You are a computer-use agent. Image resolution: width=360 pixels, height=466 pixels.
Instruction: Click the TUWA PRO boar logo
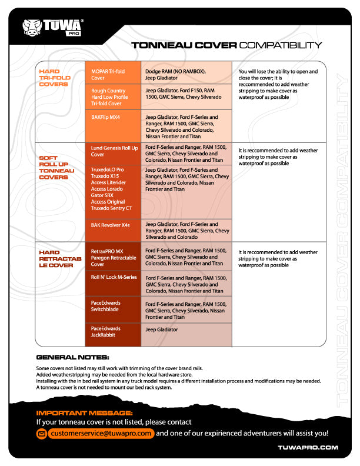[x=52, y=28]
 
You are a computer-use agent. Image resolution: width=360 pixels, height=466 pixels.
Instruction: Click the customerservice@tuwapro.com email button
[x=101, y=433]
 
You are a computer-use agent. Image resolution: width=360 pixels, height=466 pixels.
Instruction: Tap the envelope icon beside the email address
[x=42, y=434]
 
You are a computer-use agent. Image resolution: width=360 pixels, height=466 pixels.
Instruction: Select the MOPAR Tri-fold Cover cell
[x=113, y=72]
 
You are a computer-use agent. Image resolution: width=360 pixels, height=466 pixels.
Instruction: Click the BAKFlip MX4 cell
[x=113, y=126]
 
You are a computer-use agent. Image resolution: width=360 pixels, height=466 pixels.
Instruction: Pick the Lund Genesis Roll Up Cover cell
[x=113, y=154]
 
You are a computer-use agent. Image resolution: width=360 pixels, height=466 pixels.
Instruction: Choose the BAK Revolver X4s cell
[x=113, y=230]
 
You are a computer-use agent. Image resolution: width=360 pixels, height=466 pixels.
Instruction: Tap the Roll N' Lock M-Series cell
[x=113, y=283]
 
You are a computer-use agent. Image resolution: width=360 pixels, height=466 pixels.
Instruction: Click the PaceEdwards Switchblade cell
[x=113, y=309]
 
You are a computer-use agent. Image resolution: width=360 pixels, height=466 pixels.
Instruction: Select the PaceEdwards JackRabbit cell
[x=113, y=335]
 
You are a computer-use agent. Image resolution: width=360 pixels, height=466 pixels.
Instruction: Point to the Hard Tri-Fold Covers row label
[x=55, y=78]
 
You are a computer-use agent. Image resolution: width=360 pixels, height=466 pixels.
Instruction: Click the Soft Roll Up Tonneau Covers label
[x=56, y=167]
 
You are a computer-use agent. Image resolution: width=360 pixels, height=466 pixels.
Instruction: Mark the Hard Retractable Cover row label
[x=60, y=258]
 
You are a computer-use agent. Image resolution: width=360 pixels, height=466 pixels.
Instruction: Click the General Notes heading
[x=72, y=357]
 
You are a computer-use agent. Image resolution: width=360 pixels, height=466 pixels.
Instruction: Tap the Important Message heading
[x=84, y=413]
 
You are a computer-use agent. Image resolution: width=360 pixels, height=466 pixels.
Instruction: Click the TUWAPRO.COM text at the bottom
[x=308, y=447]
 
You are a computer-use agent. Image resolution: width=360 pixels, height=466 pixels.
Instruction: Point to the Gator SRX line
[x=102, y=195]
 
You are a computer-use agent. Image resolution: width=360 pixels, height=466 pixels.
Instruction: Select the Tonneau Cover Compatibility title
[x=226, y=45]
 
